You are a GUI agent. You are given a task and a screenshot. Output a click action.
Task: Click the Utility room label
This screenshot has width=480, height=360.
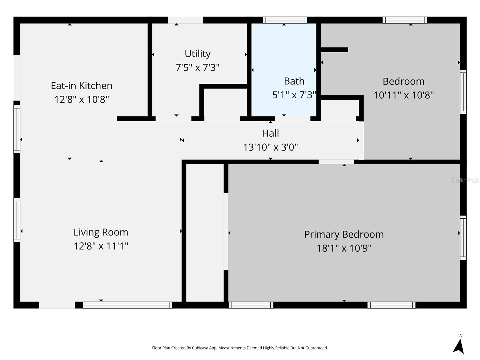[x=197, y=54]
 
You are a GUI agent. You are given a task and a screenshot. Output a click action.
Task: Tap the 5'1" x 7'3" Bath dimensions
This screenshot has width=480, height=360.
[x=294, y=95]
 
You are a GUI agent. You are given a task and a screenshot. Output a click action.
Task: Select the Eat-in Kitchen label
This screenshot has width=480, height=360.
[x=81, y=86]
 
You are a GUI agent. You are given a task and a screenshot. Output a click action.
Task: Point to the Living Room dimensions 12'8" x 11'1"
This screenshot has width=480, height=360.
[x=101, y=246]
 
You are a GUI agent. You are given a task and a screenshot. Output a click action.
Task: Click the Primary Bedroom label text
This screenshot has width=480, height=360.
[x=344, y=234]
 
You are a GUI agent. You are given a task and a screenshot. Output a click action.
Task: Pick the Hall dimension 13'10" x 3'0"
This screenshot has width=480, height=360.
[x=270, y=147]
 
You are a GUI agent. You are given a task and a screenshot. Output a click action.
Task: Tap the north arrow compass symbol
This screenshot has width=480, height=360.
[x=459, y=346]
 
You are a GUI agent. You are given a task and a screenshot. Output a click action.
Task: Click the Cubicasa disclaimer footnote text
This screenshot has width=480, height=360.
[x=240, y=348]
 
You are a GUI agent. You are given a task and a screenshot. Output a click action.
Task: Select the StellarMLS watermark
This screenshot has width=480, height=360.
[x=465, y=180]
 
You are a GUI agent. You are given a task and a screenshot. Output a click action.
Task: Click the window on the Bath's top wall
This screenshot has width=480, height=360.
[x=285, y=20]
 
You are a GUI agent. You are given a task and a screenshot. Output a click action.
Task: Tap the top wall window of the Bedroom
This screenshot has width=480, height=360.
[x=405, y=20]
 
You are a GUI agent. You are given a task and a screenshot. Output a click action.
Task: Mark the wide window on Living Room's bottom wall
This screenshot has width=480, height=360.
[x=127, y=305]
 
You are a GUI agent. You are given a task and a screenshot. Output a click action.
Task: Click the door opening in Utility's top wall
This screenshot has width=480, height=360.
[x=185, y=20]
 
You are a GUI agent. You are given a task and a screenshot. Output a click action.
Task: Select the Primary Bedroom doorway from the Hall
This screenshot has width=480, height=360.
[x=336, y=162]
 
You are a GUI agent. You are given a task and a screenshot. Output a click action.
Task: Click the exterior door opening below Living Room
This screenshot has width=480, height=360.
[x=57, y=305]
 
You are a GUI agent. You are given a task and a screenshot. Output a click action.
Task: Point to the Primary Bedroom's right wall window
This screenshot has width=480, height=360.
[x=463, y=237]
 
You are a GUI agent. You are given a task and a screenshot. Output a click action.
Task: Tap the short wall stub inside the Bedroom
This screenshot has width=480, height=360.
[x=334, y=50]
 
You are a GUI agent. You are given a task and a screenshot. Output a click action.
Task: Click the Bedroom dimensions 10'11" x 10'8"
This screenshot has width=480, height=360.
[x=403, y=95]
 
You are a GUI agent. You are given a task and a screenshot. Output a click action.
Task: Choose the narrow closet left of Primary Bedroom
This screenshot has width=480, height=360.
[x=205, y=232]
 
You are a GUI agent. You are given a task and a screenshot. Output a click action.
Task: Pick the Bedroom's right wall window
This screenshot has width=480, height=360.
[x=463, y=92]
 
